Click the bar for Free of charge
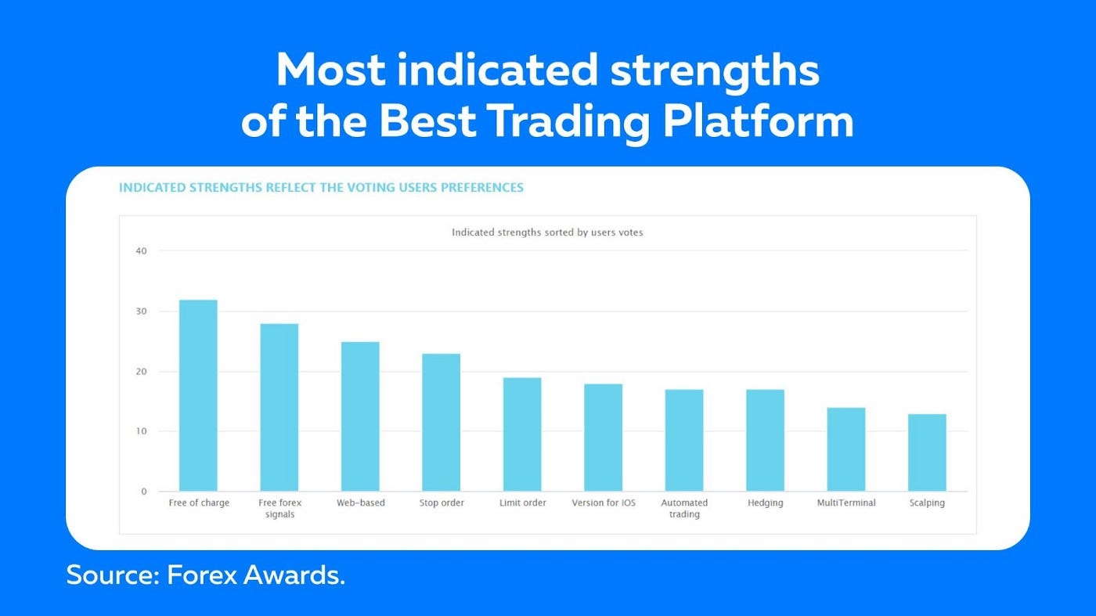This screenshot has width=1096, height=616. (198, 395)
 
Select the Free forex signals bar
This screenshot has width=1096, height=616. (279, 407)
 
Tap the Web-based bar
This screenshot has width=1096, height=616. (360, 416)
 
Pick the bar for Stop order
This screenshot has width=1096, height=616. (442, 422)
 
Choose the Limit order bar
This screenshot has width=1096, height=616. (522, 434)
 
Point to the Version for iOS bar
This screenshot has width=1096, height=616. (604, 438)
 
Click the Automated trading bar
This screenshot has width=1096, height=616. (684, 441)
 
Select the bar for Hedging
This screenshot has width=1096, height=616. (766, 441)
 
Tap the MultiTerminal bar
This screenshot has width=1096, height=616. (846, 449)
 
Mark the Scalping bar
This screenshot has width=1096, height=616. (927, 452)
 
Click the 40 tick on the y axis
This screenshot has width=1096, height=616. (141, 251)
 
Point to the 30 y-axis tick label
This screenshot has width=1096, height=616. (141, 312)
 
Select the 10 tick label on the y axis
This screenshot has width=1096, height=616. (141, 431)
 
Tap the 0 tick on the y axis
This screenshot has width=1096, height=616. (144, 492)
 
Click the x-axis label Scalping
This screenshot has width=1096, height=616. (927, 503)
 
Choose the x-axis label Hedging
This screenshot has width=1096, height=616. (766, 503)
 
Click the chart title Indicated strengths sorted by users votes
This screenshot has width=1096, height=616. (547, 232)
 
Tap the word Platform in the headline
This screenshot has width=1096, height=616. (758, 121)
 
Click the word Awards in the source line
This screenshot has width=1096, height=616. (294, 575)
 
